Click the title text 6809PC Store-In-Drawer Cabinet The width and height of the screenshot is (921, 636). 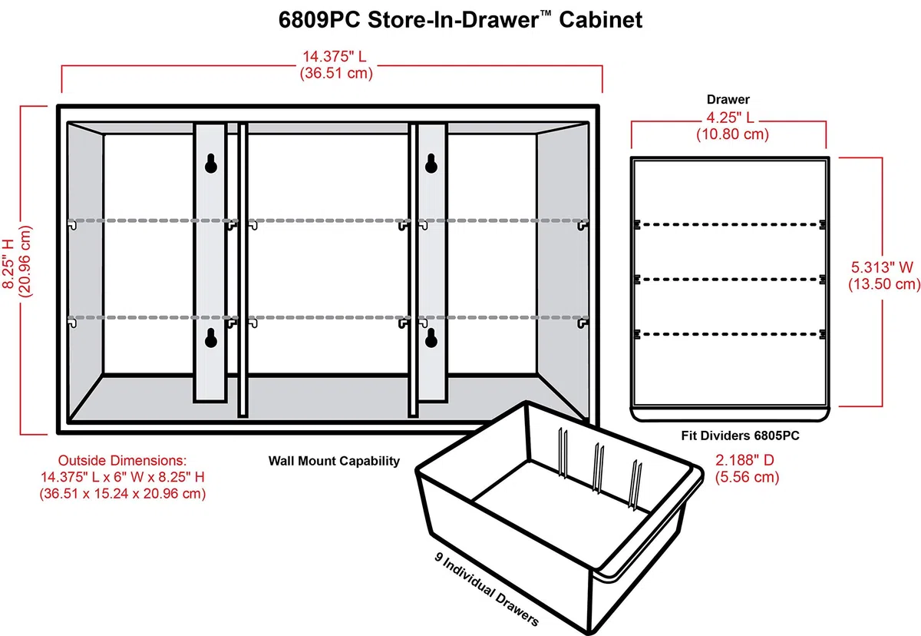point(460,20)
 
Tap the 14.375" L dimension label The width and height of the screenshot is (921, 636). point(335,56)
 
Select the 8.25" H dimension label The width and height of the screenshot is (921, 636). point(9,263)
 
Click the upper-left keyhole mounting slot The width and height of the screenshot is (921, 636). point(211,164)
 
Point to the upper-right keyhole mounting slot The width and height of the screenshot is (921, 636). point(431,164)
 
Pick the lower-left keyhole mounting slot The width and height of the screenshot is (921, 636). point(211,338)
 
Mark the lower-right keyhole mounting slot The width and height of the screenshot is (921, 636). point(431,338)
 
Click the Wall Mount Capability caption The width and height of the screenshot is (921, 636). point(334,461)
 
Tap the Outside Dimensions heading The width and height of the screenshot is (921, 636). point(122,460)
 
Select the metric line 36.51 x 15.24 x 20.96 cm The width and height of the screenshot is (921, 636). point(123,493)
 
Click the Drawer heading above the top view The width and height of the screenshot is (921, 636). point(728,99)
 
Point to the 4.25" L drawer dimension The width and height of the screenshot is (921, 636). point(730,118)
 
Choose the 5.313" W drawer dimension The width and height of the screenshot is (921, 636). point(882,267)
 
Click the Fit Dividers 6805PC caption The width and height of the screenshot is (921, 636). point(740,436)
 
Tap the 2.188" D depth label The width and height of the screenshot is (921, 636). point(744,460)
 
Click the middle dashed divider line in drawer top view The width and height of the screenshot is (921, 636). point(729,280)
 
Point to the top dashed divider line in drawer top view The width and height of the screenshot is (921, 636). point(729,224)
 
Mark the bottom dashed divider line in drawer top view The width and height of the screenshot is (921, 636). point(729,334)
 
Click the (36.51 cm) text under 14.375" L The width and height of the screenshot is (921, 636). point(336,73)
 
